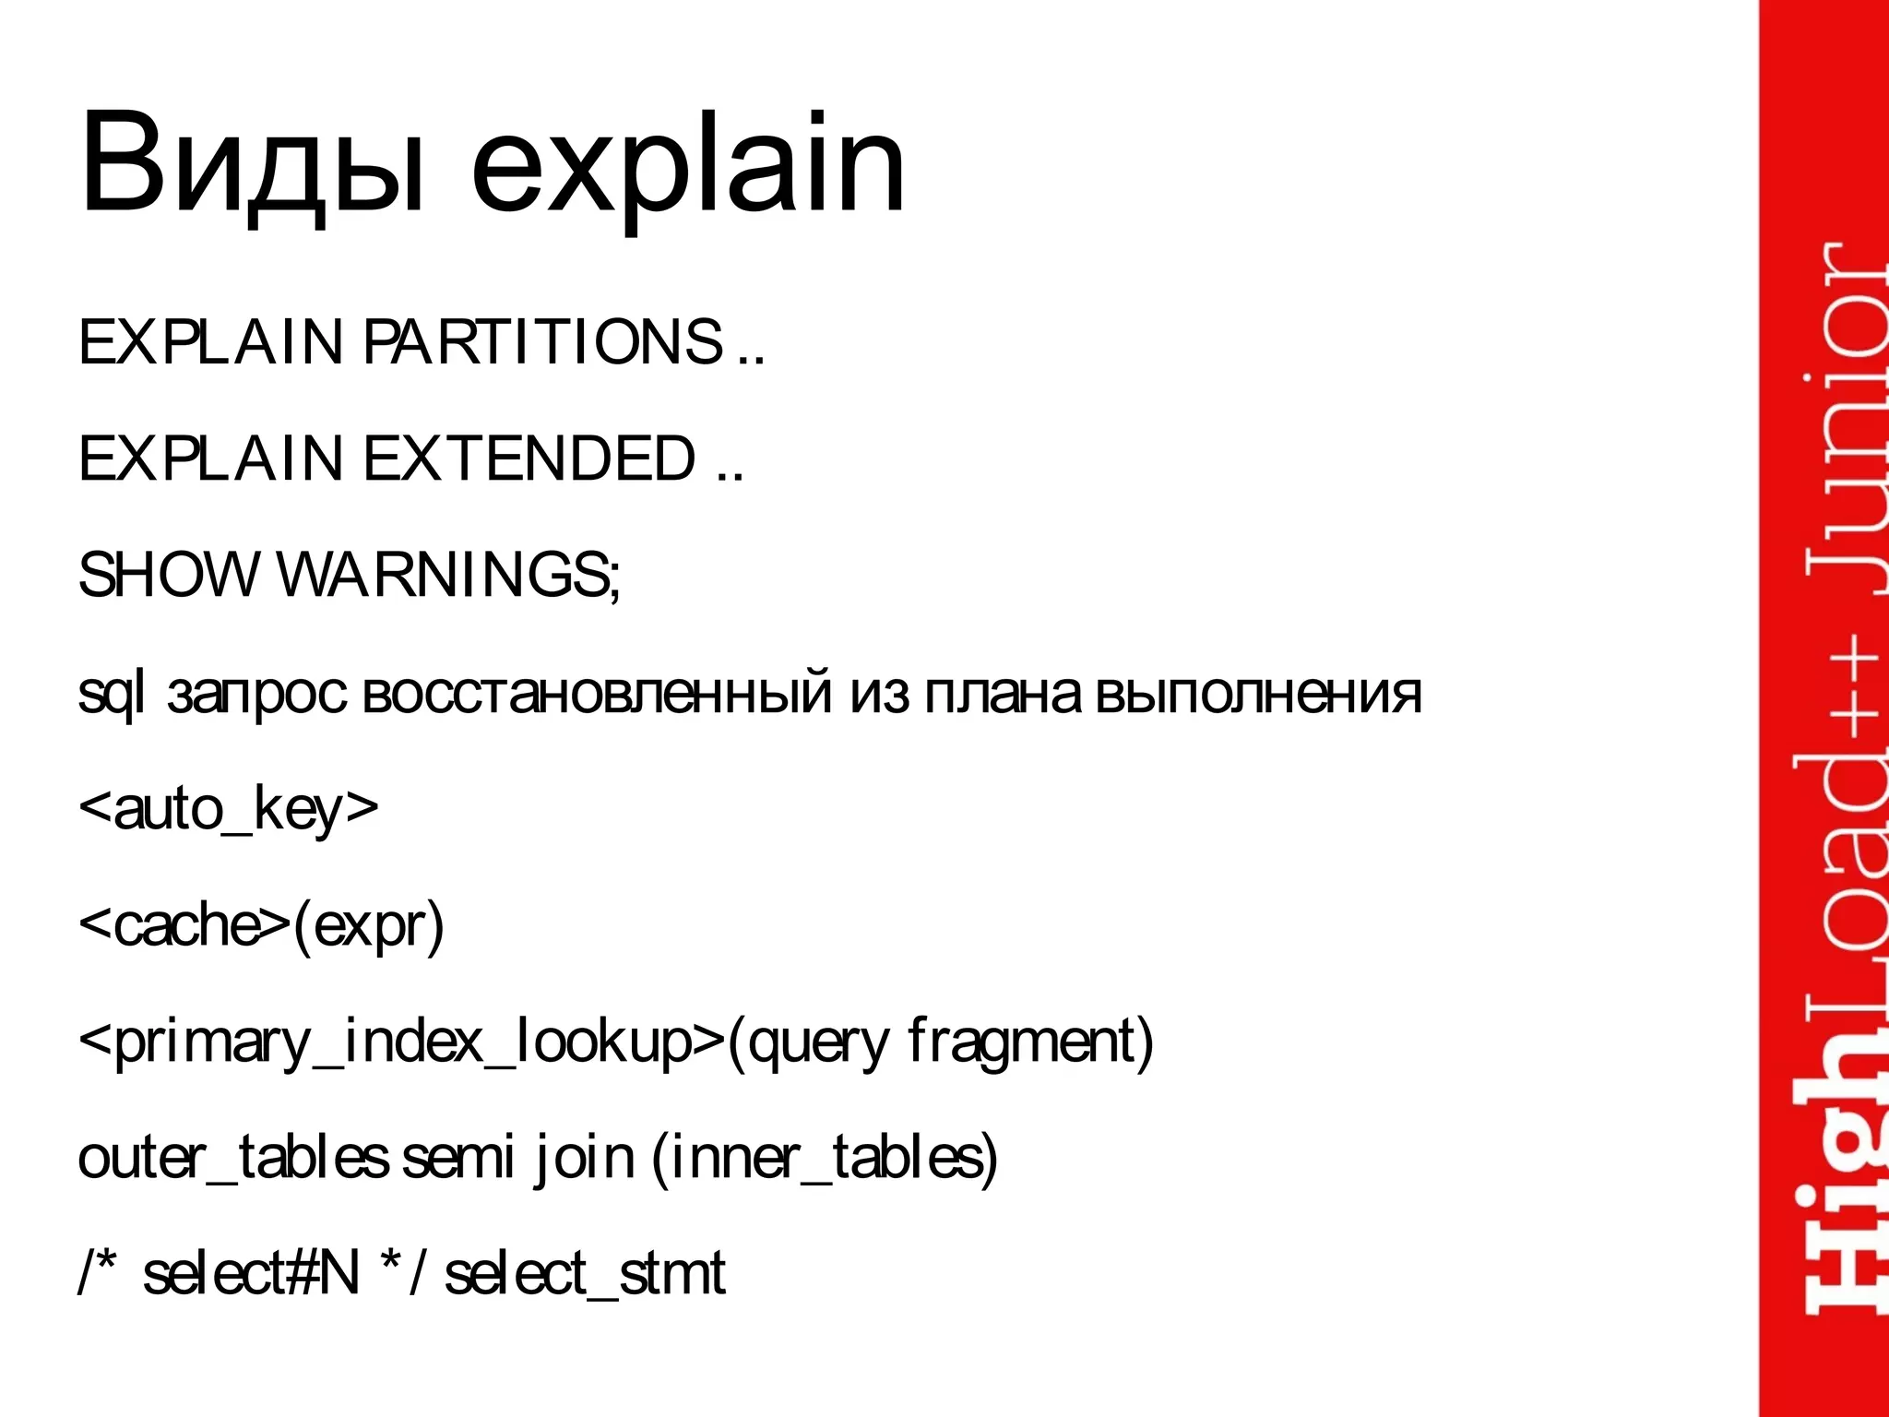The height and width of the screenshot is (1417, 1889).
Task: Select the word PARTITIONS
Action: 544,342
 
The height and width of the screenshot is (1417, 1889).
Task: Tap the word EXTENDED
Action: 529,458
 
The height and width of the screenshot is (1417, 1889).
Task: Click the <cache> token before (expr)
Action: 184,924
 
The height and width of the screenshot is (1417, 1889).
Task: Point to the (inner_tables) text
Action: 825,1157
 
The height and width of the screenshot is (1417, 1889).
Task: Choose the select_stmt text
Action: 585,1273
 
